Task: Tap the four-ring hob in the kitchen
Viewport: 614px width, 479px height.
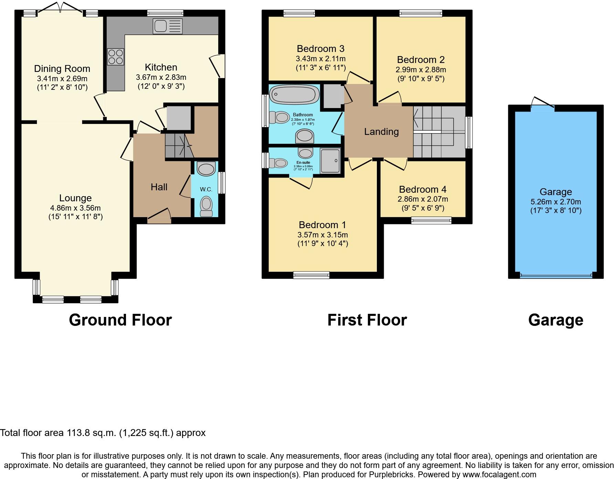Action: (116, 57)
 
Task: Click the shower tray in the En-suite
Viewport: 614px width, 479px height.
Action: (330, 161)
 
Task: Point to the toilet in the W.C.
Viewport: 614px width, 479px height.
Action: (206, 206)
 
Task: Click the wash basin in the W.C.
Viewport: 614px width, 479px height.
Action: (206, 169)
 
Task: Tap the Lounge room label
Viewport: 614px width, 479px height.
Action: (75, 198)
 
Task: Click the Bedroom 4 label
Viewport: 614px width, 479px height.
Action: (423, 190)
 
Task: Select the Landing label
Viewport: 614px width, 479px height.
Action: (381, 132)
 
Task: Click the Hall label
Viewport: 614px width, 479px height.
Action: (159, 187)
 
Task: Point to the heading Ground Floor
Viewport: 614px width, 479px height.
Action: (120, 320)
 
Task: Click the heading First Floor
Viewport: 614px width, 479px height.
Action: (367, 320)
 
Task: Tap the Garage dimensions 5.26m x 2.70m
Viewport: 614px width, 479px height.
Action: (555, 202)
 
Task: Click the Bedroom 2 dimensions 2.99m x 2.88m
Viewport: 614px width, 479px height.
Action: (421, 70)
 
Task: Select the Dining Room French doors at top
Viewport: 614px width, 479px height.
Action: (60, 10)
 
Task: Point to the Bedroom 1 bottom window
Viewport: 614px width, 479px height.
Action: (311, 275)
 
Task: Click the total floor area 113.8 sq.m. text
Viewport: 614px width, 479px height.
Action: (103, 433)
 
